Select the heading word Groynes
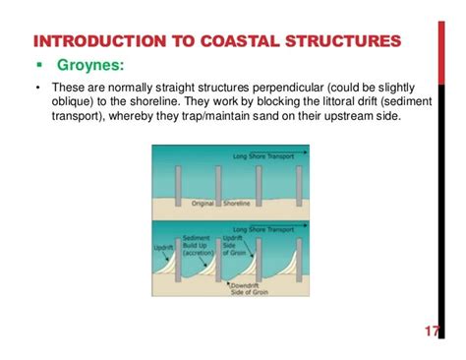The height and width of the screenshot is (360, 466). (87, 66)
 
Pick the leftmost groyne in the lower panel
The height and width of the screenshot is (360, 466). (178, 257)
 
